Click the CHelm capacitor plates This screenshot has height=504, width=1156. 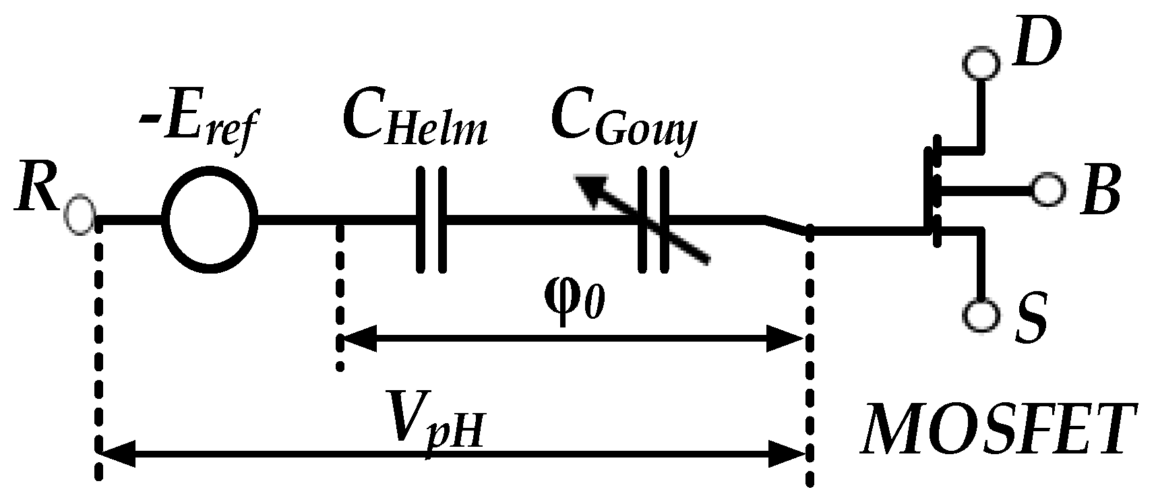tap(431, 220)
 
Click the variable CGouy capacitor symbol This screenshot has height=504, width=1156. tap(653, 220)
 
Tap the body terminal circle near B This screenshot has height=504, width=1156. tap(1047, 191)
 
